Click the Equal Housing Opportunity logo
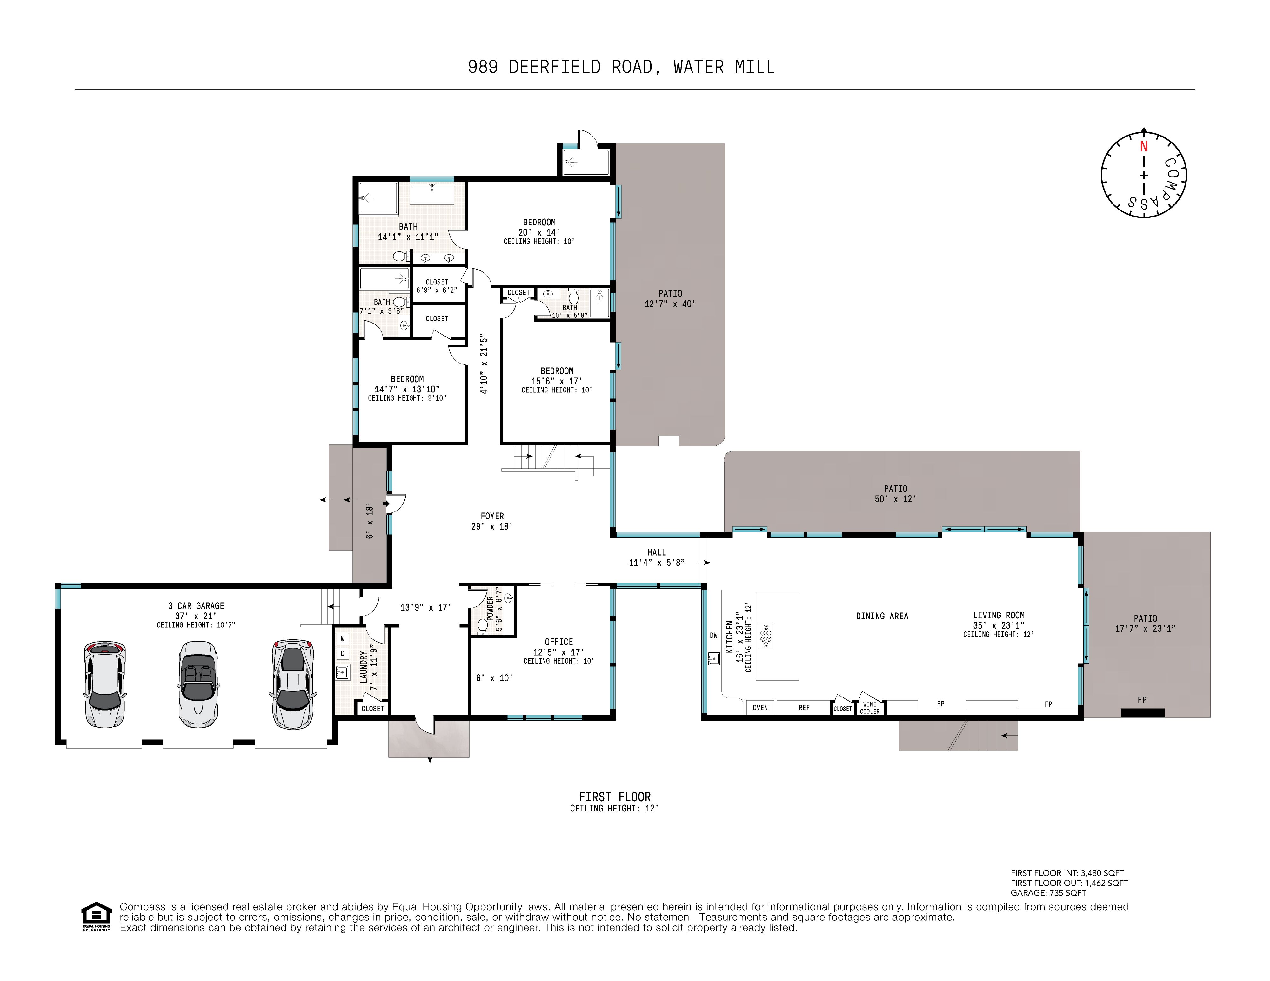click(97, 917)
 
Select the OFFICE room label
click(559, 642)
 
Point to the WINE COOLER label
click(870, 708)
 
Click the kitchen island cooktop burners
click(766, 636)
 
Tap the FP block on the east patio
click(1143, 712)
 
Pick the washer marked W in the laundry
click(343, 638)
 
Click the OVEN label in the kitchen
click(760, 708)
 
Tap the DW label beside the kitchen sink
click(713, 636)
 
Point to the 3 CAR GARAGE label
click(196, 606)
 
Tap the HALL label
click(657, 552)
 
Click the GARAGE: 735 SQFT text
click(1048, 893)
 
